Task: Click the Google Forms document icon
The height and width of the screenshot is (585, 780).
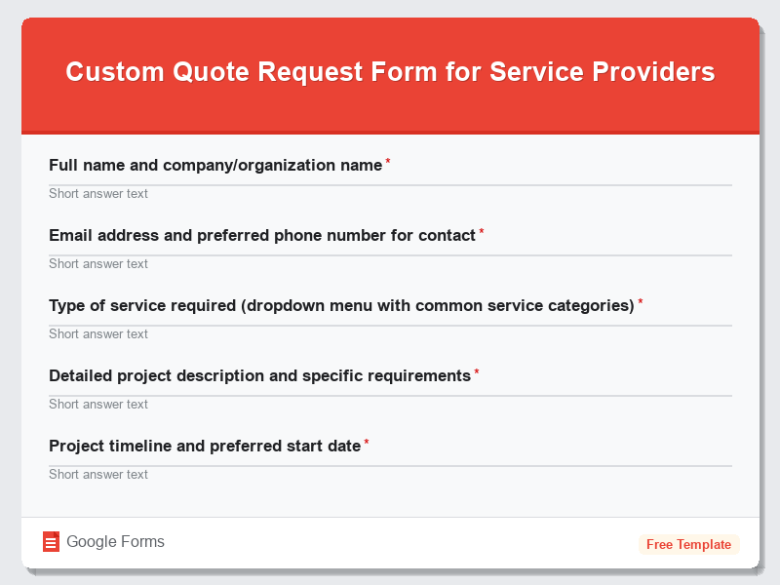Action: [52, 542]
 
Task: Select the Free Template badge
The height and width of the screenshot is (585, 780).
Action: [688, 544]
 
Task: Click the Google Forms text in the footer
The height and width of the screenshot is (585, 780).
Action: [115, 542]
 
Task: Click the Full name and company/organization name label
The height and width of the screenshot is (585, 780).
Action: [214, 166]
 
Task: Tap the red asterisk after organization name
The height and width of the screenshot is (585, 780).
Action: [388, 163]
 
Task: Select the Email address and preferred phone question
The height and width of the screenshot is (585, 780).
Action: [261, 236]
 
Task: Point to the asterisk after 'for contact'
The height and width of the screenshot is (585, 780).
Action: [482, 233]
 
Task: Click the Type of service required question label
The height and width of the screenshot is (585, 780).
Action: [341, 306]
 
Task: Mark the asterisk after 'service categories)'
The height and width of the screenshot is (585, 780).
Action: [641, 303]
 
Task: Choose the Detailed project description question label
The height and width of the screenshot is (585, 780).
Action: [259, 376]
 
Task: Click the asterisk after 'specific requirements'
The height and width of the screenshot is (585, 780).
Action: [477, 373]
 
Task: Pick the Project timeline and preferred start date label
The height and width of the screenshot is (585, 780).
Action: [205, 447]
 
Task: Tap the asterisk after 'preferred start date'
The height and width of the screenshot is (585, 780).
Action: [367, 444]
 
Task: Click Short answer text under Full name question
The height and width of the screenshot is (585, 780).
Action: [98, 194]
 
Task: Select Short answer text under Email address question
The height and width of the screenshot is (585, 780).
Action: [98, 264]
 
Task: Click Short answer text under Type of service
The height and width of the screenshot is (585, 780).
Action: [98, 334]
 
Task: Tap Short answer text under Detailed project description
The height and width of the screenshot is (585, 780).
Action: [98, 405]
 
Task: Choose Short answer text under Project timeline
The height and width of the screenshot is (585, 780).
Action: [98, 475]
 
